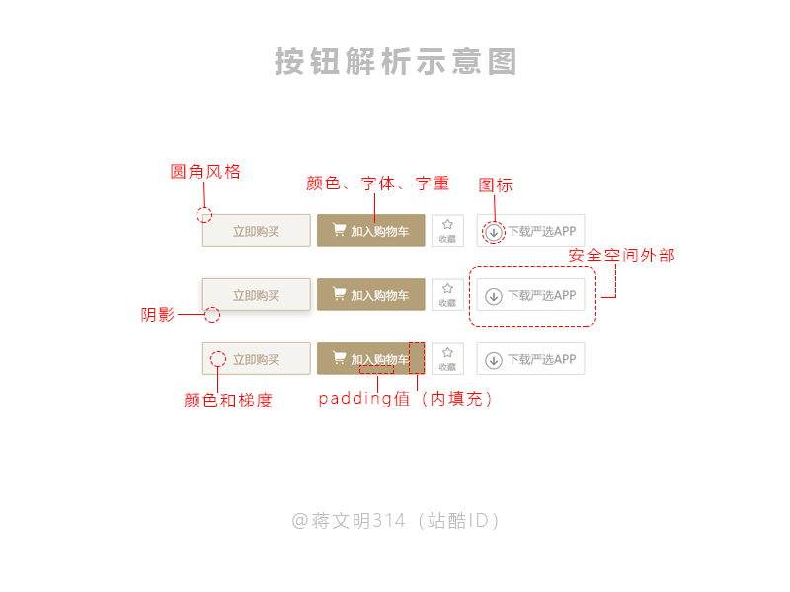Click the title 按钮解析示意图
[x=395, y=62]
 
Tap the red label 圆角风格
[x=205, y=172]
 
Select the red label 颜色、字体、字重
[x=377, y=184]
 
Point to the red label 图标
[x=495, y=185]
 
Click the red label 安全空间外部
[x=622, y=256]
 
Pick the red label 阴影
[x=158, y=316]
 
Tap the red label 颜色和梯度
[x=227, y=401]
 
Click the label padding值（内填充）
[x=405, y=400]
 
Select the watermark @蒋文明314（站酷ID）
[x=395, y=521]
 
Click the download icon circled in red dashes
[x=494, y=232]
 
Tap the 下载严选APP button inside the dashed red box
[x=530, y=295]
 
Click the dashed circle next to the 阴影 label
[x=211, y=315]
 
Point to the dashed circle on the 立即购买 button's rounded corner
[x=204, y=215]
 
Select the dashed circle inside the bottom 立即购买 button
[x=218, y=359]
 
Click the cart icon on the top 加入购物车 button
[x=339, y=230]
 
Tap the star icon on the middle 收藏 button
[x=447, y=289]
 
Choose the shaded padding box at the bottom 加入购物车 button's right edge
[x=417, y=358]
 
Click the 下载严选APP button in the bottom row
[x=530, y=359]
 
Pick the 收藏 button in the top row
[x=447, y=231]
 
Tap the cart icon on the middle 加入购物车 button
[x=339, y=294]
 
